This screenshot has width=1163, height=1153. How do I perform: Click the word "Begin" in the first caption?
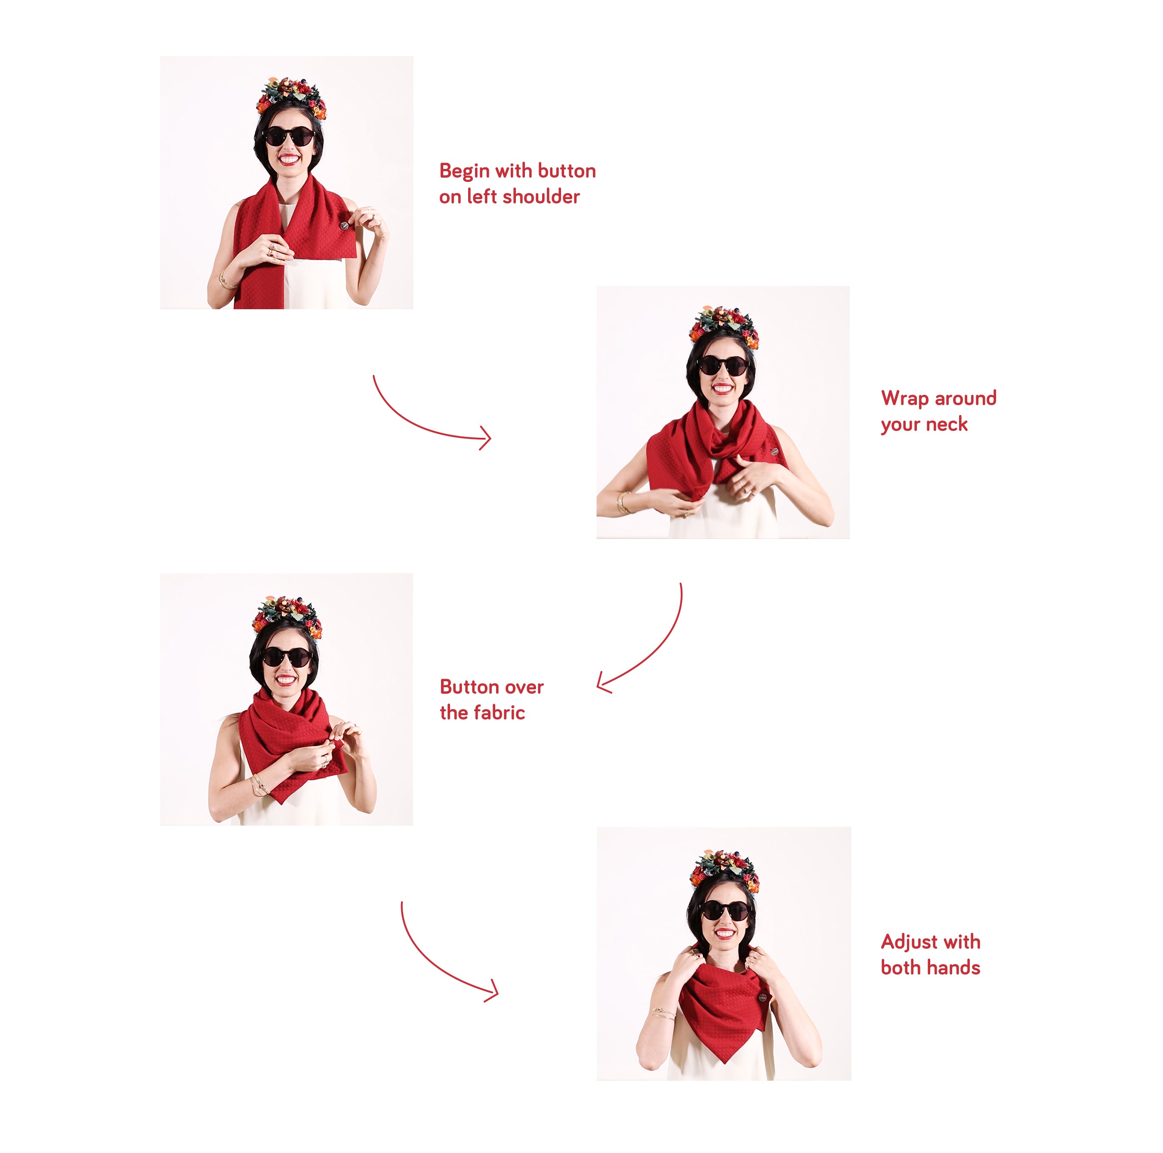[464, 172]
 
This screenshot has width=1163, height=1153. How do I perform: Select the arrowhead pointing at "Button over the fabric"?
[604, 684]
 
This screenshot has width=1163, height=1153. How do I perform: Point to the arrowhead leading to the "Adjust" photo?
[492, 990]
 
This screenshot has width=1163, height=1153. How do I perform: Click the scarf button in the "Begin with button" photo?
[344, 226]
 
